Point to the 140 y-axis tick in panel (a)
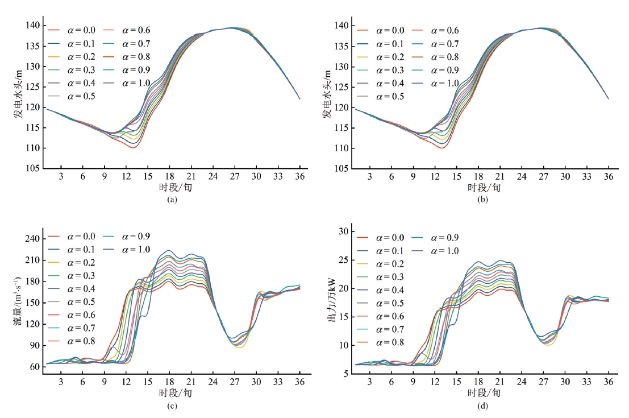click(x=32, y=26)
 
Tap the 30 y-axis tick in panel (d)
click(x=343, y=231)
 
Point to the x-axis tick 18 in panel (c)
click(x=169, y=380)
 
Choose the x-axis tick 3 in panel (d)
click(x=369, y=380)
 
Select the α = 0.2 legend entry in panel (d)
click(x=391, y=264)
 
